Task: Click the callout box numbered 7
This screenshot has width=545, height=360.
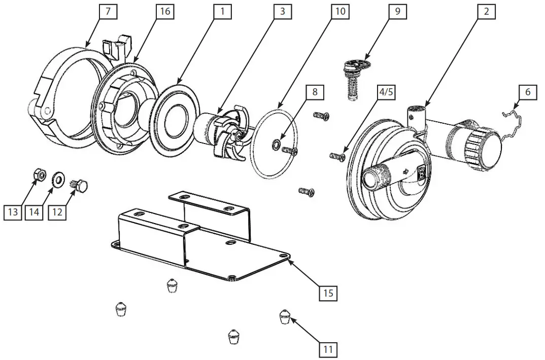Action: [108, 12]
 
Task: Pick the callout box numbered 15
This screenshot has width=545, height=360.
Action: [328, 293]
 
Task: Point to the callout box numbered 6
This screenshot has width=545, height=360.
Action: [528, 92]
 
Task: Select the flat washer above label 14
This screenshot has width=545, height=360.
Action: [58, 178]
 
